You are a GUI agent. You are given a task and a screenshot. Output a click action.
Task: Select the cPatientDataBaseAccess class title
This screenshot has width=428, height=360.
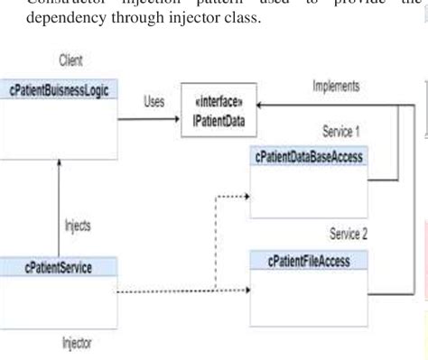point(315,157)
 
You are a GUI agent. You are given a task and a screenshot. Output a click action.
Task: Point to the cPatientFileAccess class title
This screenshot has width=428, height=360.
point(310,262)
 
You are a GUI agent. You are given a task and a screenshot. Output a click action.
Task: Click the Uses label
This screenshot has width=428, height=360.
point(153,102)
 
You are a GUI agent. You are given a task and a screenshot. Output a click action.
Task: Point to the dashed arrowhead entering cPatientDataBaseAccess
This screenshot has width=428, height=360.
point(246,190)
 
